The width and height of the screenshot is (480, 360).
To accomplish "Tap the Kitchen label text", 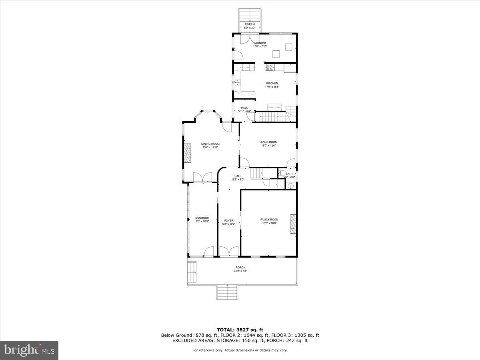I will (x=272, y=83).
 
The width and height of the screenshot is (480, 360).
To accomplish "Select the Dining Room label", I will (x=210, y=144).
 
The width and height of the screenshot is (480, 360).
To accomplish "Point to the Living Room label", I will (x=268, y=142).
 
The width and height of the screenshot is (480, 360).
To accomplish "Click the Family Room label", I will (x=269, y=220).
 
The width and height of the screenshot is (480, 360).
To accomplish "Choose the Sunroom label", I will (x=202, y=218).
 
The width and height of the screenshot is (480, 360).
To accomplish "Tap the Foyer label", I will (x=228, y=220).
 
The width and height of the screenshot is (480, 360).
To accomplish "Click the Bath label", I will (x=289, y=174).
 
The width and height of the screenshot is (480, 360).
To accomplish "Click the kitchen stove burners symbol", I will (x=269, y=67).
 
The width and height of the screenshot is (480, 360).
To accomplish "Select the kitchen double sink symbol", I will (x=237, y=82).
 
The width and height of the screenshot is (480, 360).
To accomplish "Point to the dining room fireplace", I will (x=188, y=152).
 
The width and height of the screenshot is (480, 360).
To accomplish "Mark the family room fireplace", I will (x=293, y=224).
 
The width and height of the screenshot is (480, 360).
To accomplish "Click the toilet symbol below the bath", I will (x=291, y=186).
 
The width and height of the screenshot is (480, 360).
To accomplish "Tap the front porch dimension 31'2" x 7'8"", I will (x=240, y=271).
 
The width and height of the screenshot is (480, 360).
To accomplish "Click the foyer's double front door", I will (x=229, y=252).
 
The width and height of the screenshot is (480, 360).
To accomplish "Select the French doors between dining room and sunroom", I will (x=202, y=177).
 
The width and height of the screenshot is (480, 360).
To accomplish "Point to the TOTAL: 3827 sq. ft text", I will (x=240, y=329).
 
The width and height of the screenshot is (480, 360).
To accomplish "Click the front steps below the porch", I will (x=228, y=292).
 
